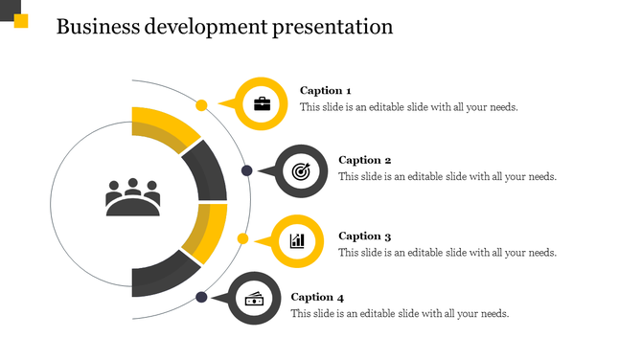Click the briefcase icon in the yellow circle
click(262, 103)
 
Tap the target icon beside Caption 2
click(301, 172)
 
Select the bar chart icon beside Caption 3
click(298, 240)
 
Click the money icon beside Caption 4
click(254, 299)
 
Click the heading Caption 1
click(325, 91)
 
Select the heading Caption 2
click(365, 160)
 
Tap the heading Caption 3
click(365, 236)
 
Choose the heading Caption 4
click(317, 297)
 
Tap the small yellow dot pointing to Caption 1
click(201, 104)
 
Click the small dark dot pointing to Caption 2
click(246, 170)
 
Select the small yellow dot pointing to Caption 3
click(243, 238)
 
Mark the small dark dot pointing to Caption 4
click(201, 298)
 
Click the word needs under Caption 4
click(493, 314)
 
